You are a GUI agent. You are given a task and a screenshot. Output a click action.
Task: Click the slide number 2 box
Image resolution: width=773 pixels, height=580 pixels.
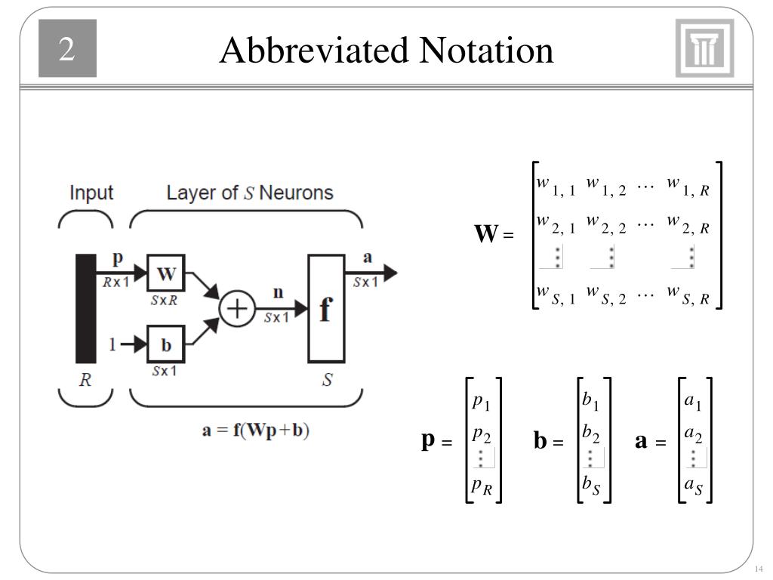pyautogui.click(x=68, y=51)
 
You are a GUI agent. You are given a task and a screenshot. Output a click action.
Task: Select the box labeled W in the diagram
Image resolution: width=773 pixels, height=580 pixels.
pyautogui.click(x=165, y=273)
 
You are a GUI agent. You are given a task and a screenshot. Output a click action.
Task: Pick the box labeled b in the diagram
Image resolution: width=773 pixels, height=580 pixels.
pyautogui.click(x=165, y=344)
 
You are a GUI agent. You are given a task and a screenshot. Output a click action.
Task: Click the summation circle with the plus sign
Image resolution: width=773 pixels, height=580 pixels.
pyautogui.click(x=237, y=310)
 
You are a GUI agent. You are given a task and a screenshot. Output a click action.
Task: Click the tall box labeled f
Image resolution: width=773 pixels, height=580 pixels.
pyautogui.click(x=325, y=309)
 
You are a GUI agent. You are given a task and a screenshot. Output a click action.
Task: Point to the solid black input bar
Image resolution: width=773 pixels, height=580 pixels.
pyautogui.click(x=85, y=309)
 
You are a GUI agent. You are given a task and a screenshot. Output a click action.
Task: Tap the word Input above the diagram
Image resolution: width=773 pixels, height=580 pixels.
pyautogui.click(x=91, y=193)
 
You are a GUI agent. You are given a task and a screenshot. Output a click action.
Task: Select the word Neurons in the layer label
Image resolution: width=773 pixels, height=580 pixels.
pyautogui.click(x=296, y=193)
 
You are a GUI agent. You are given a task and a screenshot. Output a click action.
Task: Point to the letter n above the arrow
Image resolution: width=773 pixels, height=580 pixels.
pyautogui.click(x=278, y=291)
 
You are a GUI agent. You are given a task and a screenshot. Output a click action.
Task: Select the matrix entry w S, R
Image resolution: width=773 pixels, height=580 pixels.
pyautogui.click(x=688, y=295)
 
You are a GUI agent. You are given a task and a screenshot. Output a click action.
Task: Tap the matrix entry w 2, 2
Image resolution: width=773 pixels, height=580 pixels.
pyautogui.click(x=605, y=224)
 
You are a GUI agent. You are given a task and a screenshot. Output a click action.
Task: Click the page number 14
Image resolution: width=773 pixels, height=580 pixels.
pyautogui.click(x=759, y=569)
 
